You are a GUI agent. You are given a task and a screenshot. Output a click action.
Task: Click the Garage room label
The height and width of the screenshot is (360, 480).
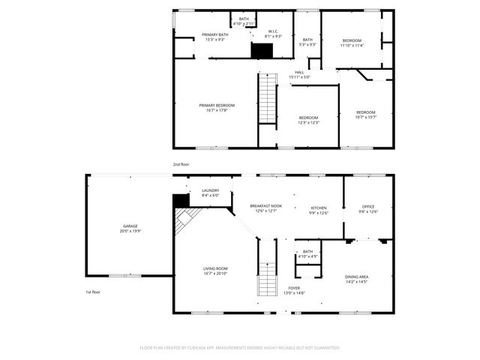(130, 226)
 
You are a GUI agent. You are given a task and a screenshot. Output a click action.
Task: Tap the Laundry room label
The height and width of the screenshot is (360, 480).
(211, 190)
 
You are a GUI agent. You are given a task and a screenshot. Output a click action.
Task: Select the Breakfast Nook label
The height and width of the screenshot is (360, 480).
(266, 205)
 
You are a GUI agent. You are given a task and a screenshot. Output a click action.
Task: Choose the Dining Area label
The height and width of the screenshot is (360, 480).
(356, 277)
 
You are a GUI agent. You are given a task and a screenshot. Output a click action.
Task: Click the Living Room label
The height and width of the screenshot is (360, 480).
(215, 268)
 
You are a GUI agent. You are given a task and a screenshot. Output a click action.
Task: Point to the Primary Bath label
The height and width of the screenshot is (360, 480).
(215, 34)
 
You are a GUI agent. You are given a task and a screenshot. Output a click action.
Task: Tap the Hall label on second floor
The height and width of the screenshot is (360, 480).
(299, 72)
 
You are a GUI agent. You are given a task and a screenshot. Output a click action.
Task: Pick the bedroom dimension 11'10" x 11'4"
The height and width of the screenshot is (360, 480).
(352, 45)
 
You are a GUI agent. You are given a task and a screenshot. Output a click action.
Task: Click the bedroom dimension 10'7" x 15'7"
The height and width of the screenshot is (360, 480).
(366, 116)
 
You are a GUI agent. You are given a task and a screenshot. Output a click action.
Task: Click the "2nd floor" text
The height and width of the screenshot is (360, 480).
(181, 163)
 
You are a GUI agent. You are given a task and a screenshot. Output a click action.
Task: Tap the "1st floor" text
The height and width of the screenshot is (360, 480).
(92, 292)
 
